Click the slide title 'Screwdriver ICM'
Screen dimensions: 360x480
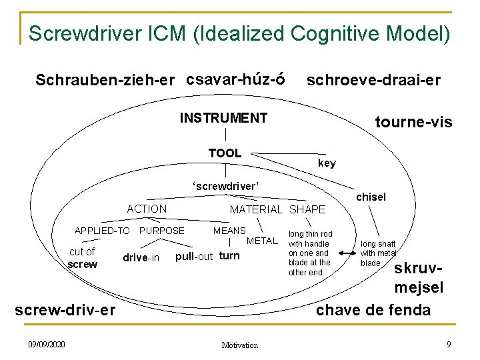coord(239,33)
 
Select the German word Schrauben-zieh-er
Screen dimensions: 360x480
coord(105,81)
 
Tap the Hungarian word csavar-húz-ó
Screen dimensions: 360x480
coord(236,79)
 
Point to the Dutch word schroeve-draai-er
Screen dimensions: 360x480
coord(373,81)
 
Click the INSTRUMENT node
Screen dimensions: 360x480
coord(223,119)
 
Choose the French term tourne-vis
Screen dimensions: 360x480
coord(413,122)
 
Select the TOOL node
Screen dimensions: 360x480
coord(225,153)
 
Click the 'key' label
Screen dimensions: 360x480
coord(327,163)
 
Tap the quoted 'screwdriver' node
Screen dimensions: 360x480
coord(225,186)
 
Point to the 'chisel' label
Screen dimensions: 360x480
coord(371,197)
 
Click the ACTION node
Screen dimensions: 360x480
coord(147,209)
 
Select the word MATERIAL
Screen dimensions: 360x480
coord(257,209)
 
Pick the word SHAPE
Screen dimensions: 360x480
coord(307,209)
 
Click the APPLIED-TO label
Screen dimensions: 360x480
coord(102,231)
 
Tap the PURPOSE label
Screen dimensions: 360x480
coord(163,231)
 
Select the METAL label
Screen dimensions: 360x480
coord(262,241)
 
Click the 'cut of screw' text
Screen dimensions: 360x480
coord(83,258)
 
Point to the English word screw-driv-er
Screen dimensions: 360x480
coord(65,310)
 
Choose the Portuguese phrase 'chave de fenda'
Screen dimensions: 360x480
coord(373,310)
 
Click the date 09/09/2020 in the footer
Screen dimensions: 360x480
coord(47,345)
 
